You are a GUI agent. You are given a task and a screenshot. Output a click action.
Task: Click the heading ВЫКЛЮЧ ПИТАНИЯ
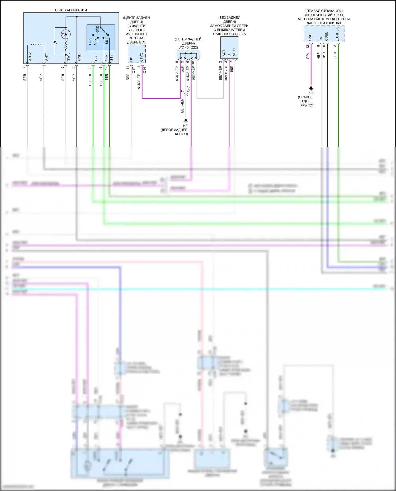(x=71, y=10)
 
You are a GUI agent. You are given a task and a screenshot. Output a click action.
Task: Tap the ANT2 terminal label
(x=30, y=57)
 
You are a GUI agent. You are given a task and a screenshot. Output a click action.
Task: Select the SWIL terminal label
(x=69, y=57)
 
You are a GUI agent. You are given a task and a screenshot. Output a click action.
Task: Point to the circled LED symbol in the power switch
(x=65, y=34)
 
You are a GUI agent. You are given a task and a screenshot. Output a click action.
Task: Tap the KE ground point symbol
(x=186, y=121)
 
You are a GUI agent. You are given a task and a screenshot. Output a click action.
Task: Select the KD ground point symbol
(x=311, y=88)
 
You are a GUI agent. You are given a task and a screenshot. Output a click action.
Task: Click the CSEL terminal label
(x=326, y=37)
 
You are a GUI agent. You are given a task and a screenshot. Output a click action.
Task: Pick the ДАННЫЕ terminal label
(x=337, y=34)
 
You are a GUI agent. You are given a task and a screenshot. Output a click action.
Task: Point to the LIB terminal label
(x=131, y=59)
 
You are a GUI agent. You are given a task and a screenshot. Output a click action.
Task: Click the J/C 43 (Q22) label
(x=188, y=47)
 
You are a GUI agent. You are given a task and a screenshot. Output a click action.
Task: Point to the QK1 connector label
(x=188, y=89)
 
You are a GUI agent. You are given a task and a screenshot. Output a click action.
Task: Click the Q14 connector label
(x=144, y=70)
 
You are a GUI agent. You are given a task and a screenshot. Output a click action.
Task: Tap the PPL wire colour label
(x=308, y=56)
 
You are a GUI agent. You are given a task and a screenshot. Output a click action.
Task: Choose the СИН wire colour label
(x=324, y=56)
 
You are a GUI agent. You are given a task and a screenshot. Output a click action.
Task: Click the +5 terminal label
(x=321, y=39)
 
